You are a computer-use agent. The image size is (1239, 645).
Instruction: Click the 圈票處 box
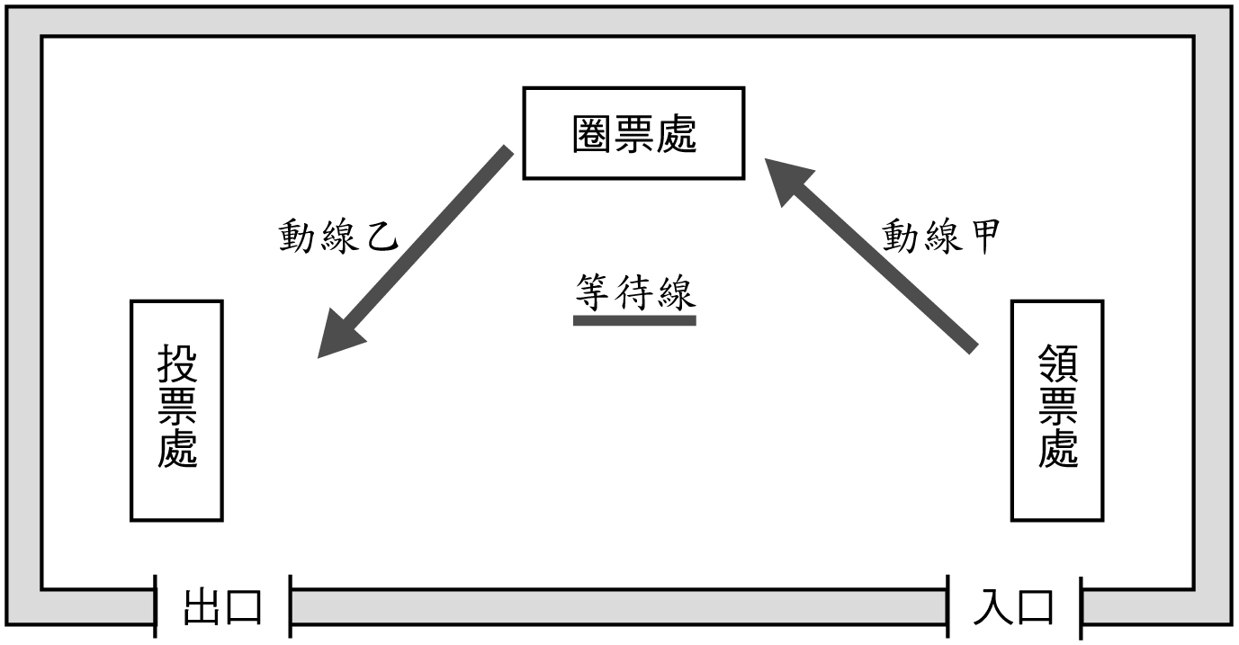point(633,133)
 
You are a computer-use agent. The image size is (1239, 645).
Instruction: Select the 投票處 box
point(176,410)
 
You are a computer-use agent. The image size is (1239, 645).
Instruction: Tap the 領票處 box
point(1057,410)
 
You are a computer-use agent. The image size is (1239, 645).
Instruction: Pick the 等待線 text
point(635,291)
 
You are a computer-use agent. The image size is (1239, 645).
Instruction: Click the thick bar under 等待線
point(635,319)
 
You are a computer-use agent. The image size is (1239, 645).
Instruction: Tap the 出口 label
point(223,607)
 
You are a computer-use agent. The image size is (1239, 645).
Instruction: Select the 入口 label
point(1014,607)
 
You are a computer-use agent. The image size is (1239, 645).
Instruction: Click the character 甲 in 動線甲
point(981,237)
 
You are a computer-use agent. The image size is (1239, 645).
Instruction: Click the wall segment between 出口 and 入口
point(619,607)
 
